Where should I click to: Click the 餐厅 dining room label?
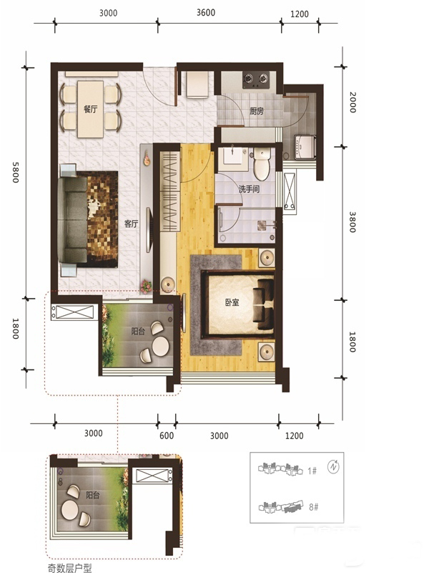[x=91, y=109]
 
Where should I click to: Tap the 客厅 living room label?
[x=131, y=223]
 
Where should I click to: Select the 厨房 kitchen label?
[x=257, y=111]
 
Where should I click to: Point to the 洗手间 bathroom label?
[x=249, y=189]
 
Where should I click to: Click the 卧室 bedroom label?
[x=232, y=302]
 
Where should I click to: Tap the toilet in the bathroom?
[x=261, y=164]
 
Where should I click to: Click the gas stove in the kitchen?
[x=256, y=80]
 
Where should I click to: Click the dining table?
[x=91, y=110]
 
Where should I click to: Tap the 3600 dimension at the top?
[x=206, y=12]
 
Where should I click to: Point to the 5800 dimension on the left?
[x=15, y=172]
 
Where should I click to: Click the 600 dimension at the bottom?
[x=167, y=435]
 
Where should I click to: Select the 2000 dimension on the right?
[x=352, y=102]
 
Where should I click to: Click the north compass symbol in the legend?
[x=333, y=467]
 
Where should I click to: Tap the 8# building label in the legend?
[x=313, y=507]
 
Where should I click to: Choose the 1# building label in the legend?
[x=312, y=471]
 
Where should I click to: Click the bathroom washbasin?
[x=232, y=158]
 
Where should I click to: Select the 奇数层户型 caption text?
[x=69, y=568]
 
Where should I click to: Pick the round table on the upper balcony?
[x=160, y=345]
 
